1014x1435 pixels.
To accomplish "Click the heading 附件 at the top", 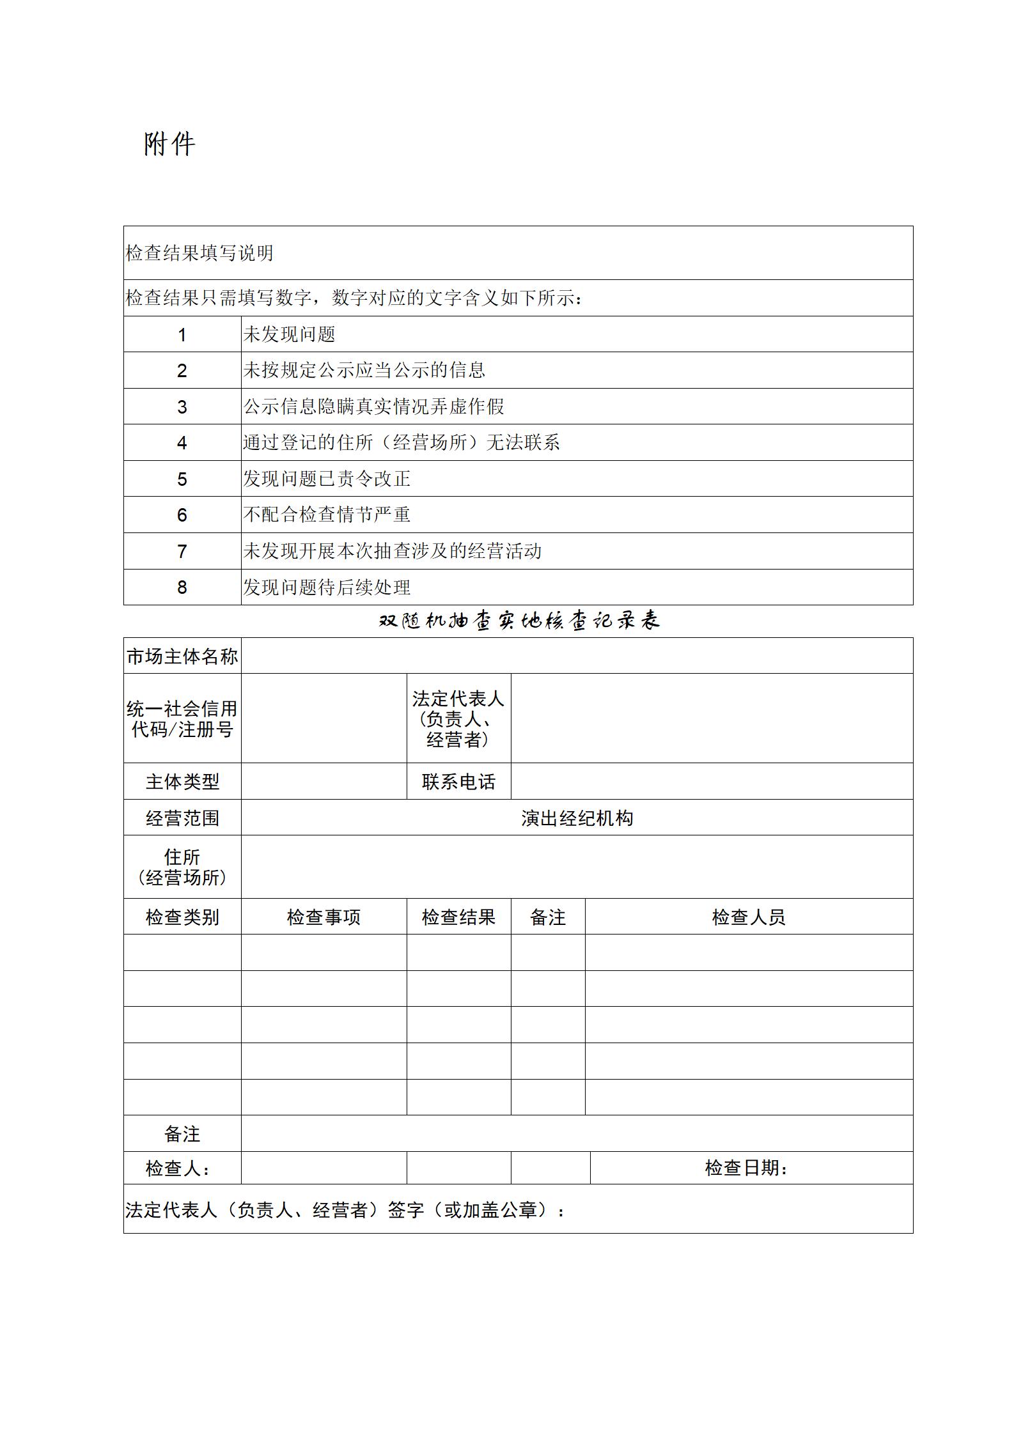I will pos(169,144).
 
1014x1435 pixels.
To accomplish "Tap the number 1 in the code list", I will pos(182,335).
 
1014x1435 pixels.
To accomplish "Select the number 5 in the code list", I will pos(182,479).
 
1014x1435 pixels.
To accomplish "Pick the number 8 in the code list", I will pos(182,587).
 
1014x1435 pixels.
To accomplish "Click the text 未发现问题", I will pos(289,334).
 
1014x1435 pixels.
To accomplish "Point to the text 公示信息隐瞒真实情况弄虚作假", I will pos(373,407).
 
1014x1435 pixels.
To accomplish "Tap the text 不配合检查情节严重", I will pos(327,515).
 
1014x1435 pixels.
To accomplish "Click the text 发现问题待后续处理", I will pos(327,587).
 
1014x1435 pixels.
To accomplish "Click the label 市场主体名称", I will pos(182,656).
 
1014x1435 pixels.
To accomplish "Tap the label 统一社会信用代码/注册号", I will pos(182,718).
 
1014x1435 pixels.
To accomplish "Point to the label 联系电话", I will pos(458,782).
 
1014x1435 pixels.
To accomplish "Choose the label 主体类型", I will pos(182,782).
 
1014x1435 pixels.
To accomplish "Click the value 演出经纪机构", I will pos(577,818).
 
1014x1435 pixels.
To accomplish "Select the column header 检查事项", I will pos(324,917).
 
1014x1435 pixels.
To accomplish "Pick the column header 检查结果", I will pos(458,917).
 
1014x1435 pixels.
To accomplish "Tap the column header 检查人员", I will pos(749,917).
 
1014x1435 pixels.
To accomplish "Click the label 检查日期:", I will pos(746,1168).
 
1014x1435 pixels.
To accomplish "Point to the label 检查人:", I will pos(178,1168).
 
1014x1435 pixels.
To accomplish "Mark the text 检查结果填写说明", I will pos(199,253).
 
